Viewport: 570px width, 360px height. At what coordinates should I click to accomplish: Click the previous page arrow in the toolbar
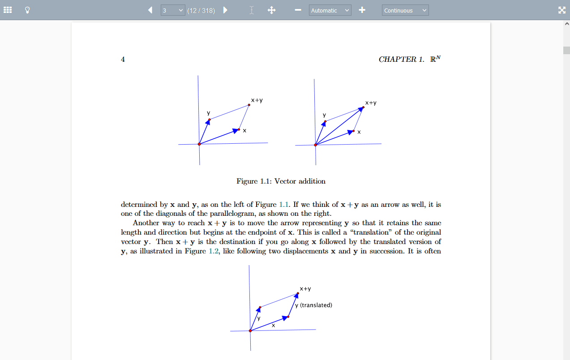click(x=150, y=10)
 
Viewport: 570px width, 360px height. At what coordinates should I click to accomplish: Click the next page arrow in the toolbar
click(x=225, y=10)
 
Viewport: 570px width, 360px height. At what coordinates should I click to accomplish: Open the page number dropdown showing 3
click(x=173, y=10)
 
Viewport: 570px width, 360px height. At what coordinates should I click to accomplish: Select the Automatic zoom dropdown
click(x=330, y=10)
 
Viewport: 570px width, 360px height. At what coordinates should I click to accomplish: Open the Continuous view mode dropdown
click(x=405, y=10)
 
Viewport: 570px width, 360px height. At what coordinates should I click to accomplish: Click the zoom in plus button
click(x=362, y=10)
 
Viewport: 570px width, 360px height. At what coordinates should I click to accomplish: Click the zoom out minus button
click(x=298, y=10)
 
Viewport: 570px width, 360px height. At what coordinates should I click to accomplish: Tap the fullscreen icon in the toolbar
click(x=562, y=10)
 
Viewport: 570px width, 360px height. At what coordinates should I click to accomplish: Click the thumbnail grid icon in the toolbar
click(x=8, y=10)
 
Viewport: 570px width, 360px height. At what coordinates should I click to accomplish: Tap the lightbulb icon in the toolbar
click(x=27, y=10)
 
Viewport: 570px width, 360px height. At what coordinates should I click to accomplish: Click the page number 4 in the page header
click(x=123, y=59)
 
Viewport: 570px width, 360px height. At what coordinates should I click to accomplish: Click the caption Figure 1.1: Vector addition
click(x=281, y=181)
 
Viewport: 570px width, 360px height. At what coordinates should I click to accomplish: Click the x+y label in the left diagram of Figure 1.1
click(x=257, y=100)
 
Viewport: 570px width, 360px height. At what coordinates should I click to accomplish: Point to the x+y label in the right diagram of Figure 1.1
click(x=371, y=103)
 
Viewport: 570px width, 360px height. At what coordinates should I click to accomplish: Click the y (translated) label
click(x=314, y=305)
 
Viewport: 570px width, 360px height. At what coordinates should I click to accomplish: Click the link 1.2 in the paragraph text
click(x=214, y=251)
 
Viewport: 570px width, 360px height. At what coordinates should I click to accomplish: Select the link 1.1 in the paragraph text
click(x=284, y=205)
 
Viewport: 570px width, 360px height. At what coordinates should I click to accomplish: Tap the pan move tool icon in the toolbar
click(x=271, y=10)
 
